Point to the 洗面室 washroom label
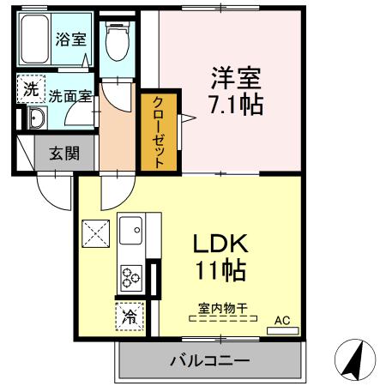69,96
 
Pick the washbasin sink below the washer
35,118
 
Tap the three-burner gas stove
131,278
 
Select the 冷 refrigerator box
129,315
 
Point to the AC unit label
282,321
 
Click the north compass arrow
354,361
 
